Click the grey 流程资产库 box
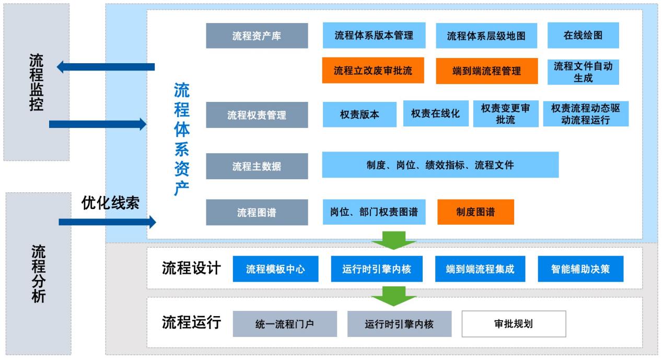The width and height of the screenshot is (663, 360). tap(257, 36)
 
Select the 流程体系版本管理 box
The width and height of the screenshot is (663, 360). tap(374, 36)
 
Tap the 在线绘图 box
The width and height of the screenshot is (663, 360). tap(583, 36)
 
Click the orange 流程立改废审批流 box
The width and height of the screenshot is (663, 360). tap(373, 71)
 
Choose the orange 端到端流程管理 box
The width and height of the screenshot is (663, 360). tap(486, 71)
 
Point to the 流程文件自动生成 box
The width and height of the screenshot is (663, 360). tap(583, 72)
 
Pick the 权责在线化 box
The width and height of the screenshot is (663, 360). tap(435, 113)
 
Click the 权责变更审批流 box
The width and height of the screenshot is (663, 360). tap(505, 113)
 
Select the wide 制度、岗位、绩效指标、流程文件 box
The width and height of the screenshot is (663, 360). tap(440, 165)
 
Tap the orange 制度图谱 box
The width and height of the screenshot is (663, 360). tap(475, 212)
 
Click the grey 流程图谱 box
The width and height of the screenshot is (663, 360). tap(257, 213)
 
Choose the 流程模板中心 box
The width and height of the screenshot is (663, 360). tap(275, 269)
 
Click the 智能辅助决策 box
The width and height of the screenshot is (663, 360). tap(580, 269)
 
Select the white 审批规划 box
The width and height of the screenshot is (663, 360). tap(513, 324)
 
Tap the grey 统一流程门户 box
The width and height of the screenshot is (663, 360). tap(285, 324)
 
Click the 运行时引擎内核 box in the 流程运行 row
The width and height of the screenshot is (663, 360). tap(399, 324)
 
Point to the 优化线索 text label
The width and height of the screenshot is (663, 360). tap(110, 203)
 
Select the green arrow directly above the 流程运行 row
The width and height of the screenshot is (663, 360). tap(393, 296)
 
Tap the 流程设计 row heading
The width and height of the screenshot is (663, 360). tap(191, 268)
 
